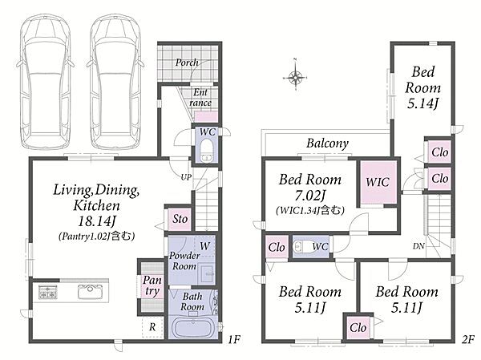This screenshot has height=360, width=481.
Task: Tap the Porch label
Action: (187, 63)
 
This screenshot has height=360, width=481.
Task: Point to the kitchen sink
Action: (90, 291)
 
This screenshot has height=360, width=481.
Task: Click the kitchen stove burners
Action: (47, 292)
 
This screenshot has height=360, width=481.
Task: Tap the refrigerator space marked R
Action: (152, 327)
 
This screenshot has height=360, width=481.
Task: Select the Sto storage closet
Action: (180, 219)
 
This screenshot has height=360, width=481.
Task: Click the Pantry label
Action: (152, 285)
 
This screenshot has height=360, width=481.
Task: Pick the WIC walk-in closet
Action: (378, 182)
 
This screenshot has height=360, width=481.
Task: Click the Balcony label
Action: (327, 144)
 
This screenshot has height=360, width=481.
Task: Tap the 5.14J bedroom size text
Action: (422, 103)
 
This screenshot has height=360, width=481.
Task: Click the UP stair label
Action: (186, 177)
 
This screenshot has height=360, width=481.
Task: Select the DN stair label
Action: (418, 246)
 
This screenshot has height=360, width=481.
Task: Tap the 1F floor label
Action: (234, 339)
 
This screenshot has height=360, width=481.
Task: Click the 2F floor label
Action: (468, 339)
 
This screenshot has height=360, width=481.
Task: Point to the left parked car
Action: (45, 82)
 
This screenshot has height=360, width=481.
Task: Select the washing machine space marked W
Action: (204, 246)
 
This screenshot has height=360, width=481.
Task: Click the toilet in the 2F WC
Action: (302, 246)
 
